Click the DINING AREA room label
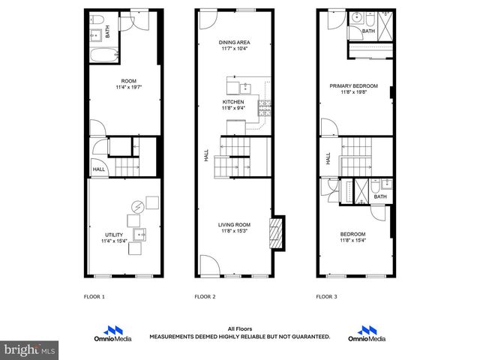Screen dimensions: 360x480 (x=234, y=43)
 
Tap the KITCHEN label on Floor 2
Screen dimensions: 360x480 (x=233, y=101)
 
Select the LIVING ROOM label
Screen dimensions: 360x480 (x=234, y=224)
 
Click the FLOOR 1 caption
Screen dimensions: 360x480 (x=94, y=297)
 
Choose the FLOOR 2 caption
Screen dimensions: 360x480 (x=205, y=297)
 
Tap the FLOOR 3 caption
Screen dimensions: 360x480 (x=326, y=297)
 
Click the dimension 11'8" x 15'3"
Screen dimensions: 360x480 (x=234, y=231)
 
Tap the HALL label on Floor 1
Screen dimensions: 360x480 (x=98, y=169)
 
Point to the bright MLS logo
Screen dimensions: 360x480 (x=29, y=349)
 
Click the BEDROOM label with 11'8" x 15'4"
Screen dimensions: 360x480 (x=352, y=234)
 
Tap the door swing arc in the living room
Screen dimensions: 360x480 (x=209, y=263)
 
